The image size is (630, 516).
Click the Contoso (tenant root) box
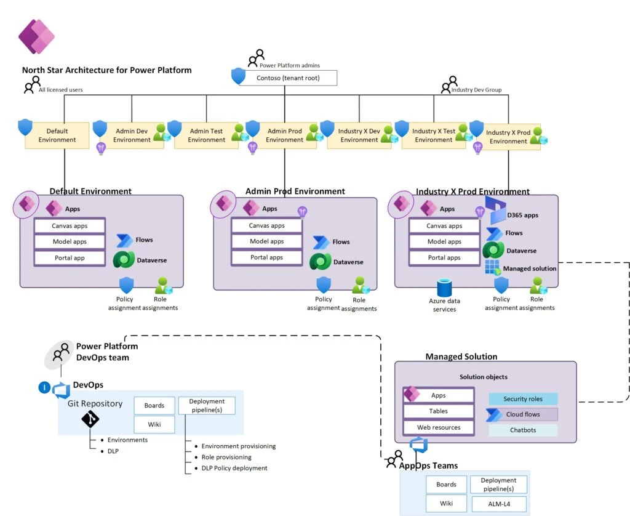click(288, 78)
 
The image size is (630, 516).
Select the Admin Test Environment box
click(206, 135)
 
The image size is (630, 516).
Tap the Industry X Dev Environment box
click(359, 135)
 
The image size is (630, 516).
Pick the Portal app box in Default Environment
click(69, 258)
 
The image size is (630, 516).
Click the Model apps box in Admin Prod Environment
click(266, 241)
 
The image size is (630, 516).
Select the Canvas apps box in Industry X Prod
click(445, 226)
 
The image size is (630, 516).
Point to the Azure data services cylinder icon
click(444, 288)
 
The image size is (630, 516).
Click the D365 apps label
click(522, 216)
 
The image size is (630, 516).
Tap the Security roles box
click(523, 399)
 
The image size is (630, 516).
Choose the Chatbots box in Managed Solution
click(523, 430)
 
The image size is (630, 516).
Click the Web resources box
click(438, 427)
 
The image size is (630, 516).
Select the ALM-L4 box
click(498, 504)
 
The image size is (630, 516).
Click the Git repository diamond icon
click(90, 419)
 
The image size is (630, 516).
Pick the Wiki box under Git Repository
click(154, 424)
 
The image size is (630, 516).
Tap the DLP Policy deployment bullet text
click(234, 468)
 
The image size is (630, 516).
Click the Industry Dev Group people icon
click(449, 84)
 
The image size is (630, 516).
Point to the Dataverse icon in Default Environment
click(125, 260)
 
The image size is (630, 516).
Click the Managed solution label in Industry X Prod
click(529, 268)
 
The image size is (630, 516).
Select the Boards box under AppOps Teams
click(446, 485)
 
